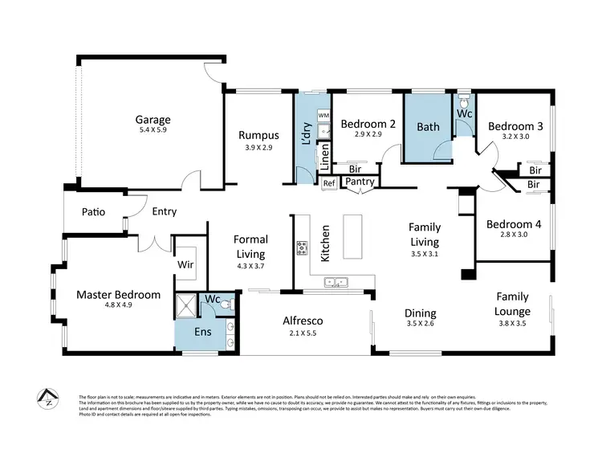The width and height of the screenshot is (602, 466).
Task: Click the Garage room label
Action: [152, 120]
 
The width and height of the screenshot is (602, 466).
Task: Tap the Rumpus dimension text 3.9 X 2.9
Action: [258, 149]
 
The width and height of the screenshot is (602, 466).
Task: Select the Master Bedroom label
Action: [118, 295]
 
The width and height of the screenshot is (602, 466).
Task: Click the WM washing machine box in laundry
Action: [323, 117]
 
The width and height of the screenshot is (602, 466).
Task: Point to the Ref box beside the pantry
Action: [327, 183]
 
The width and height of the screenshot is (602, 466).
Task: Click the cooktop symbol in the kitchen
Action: [303, 247]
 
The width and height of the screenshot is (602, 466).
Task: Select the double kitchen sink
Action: [336, 282]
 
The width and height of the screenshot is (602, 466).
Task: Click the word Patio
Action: [95, 212]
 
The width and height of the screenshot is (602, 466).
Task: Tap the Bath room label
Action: [428, 126]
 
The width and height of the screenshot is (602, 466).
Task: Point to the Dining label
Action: [420, 313]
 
